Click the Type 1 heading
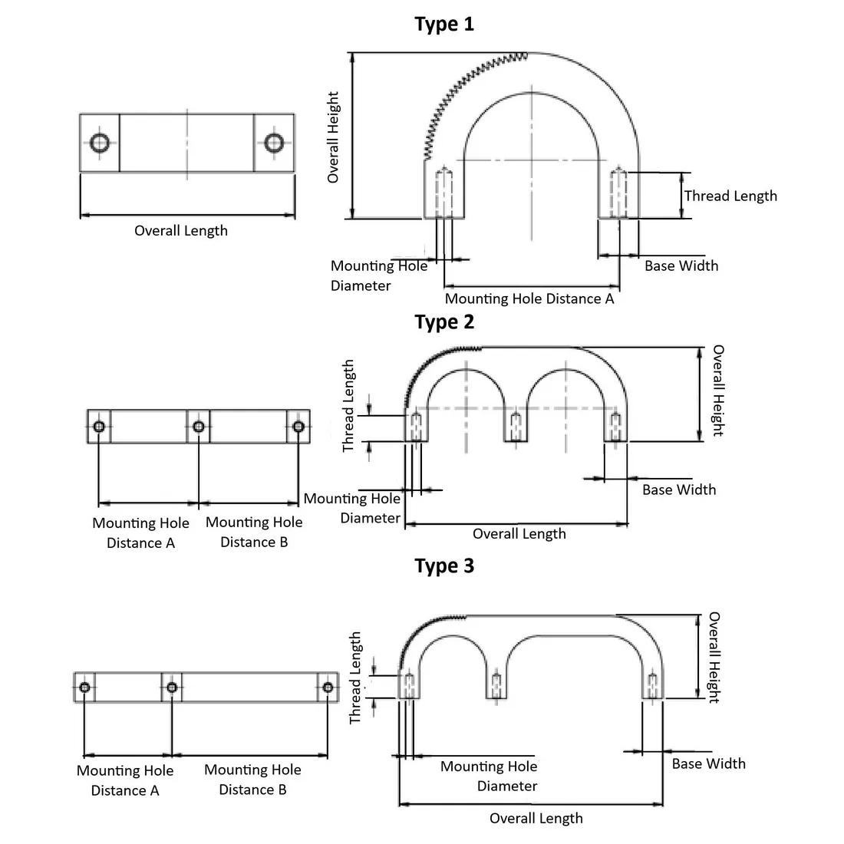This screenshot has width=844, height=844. (444, 24)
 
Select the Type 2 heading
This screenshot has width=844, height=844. (444, 321)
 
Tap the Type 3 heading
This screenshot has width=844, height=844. (444, 565)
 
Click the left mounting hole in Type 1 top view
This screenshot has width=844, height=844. (101, 143)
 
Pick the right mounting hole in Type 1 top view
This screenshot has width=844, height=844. (274, 143)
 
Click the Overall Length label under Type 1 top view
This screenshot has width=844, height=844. (181, 230)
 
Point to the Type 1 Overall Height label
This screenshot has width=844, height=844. (333, 137)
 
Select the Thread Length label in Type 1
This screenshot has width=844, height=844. (730, 196)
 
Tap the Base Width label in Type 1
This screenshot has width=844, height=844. (681, 265)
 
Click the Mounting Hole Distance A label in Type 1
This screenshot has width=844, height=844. (529, 298)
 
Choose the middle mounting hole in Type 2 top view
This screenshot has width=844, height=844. (199, 427)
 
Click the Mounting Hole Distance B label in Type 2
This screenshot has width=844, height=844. (254, 532)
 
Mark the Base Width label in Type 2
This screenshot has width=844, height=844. (679, 490)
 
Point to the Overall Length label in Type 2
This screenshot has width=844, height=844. (519, 534)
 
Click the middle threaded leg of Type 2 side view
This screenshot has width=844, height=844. (516, 427)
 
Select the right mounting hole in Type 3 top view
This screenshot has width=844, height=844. (328, 687)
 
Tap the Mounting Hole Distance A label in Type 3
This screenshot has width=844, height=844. (125, 780)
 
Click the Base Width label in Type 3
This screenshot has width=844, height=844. (708, 763)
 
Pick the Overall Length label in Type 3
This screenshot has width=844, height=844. (536, 818)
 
